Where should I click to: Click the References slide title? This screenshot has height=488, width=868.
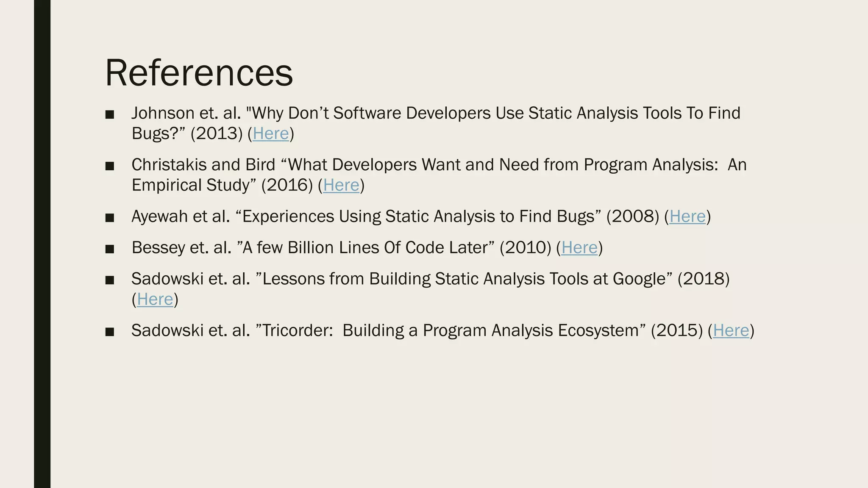199,73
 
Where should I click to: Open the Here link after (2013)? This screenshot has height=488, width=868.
270,134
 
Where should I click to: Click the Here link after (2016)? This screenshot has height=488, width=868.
341,186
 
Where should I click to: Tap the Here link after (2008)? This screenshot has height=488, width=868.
687,217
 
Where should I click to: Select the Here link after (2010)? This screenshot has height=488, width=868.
579,248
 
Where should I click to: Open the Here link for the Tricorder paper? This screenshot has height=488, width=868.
731,331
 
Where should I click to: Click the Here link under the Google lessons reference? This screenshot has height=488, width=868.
155,299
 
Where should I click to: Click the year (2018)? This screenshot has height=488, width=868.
703,279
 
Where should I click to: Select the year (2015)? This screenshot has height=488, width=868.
676,331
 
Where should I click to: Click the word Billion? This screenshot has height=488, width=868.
311,248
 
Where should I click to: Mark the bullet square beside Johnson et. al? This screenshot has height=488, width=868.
110,114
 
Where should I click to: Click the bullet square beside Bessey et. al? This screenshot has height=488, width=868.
110,249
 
